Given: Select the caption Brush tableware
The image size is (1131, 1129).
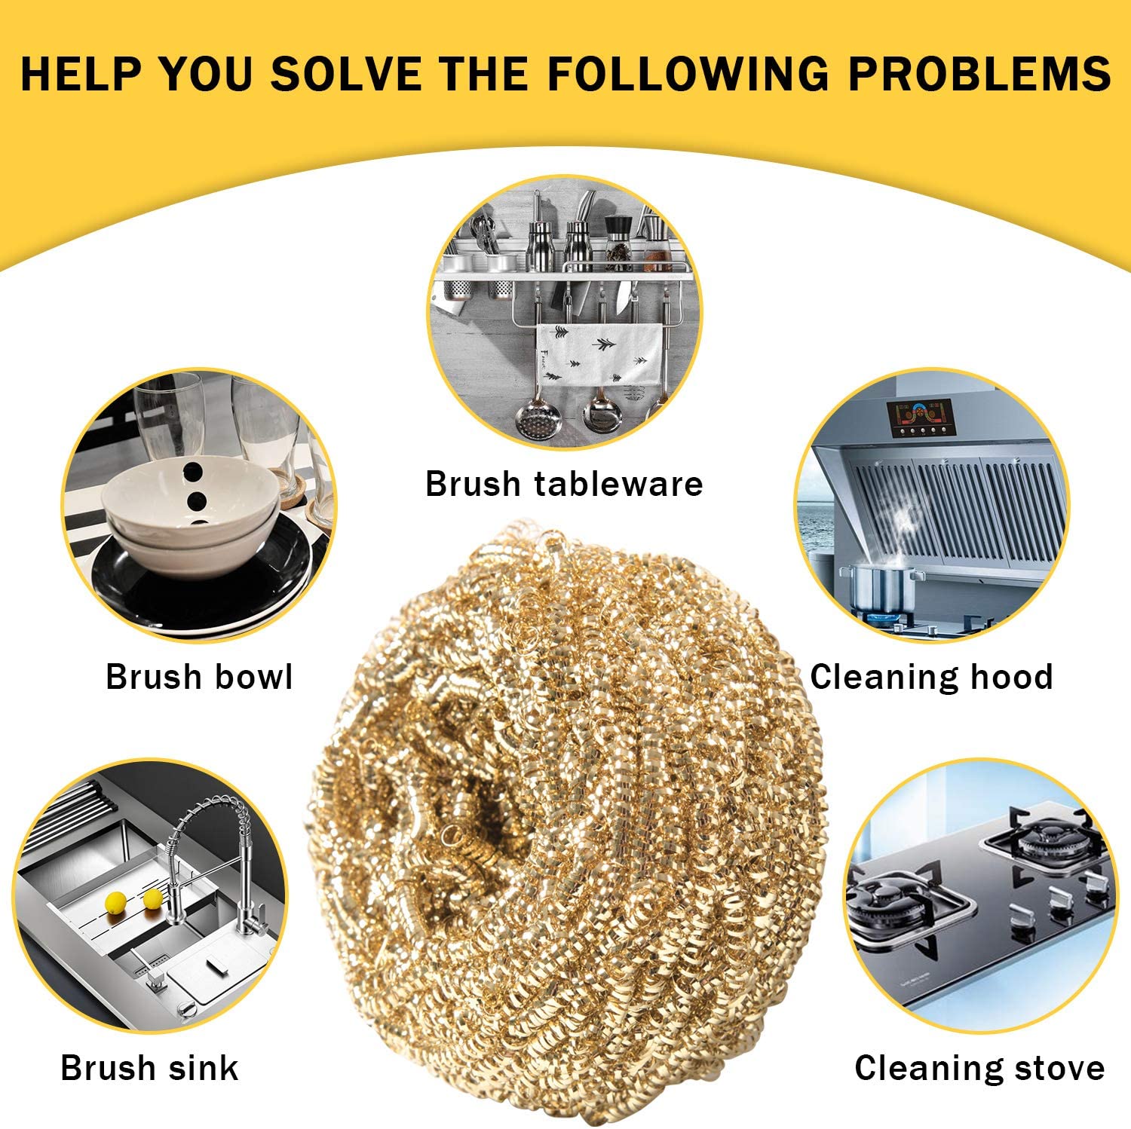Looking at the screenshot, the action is (x=564, y=484).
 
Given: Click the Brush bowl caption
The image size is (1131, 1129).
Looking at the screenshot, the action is (x=199, y=677).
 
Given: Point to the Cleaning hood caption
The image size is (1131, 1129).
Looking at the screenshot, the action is (x=932, y=677).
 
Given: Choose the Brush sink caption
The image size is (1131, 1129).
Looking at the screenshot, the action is (x=149, y=1068).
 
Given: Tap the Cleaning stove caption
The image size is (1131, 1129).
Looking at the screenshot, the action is (x=979, y=1068).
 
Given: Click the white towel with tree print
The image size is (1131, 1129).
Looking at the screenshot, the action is (x=599, y=354).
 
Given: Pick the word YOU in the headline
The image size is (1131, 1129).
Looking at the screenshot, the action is (x=206, y=74).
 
